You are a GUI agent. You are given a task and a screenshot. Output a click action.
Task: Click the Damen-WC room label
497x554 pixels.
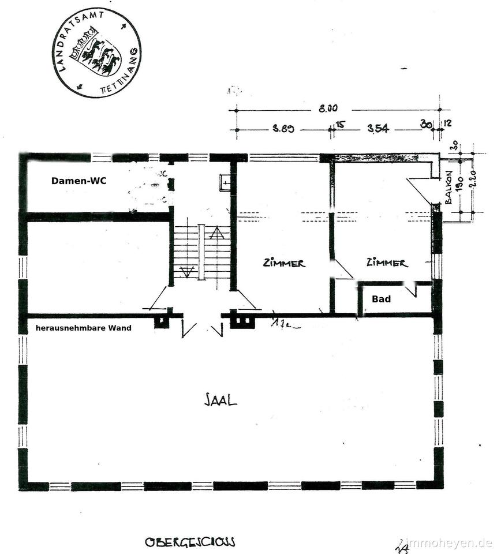click(x=79, y=181)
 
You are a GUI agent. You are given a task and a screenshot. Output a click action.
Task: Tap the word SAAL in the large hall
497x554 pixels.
click(x=221, y=400)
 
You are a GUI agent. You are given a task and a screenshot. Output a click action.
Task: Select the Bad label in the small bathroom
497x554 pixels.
click(x=381, y=299)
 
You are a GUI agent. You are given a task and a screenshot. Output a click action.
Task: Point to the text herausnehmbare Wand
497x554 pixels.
click(x=83, y=328)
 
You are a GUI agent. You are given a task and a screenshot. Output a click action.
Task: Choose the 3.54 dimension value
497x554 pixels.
click(x=378, y=129)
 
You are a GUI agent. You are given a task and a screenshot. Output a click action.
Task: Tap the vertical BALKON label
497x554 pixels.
click(x=449, y=187)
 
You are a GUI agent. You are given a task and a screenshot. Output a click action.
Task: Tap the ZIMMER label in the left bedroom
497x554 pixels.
click(x=283, y=263)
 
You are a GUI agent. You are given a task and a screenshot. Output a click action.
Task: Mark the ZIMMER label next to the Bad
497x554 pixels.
click(x=387, y=263)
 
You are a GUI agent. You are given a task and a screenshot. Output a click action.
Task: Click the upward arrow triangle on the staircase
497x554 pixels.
click(x=216, y=233)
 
